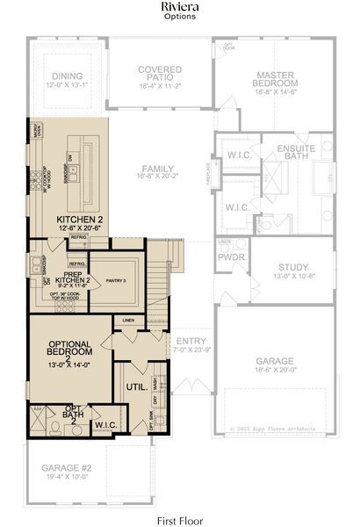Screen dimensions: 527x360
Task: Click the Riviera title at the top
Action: (180, 7)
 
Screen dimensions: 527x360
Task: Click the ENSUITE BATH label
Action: (301, 153)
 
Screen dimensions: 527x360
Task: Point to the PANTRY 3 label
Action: (114, 279)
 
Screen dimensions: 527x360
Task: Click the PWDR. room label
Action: (232, 258)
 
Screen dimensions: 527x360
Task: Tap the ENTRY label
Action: (191, 341)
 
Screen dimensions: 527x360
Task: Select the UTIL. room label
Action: (135, 386)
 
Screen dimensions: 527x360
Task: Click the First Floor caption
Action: (180, 519)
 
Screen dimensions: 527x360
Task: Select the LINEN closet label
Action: (128, 320)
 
